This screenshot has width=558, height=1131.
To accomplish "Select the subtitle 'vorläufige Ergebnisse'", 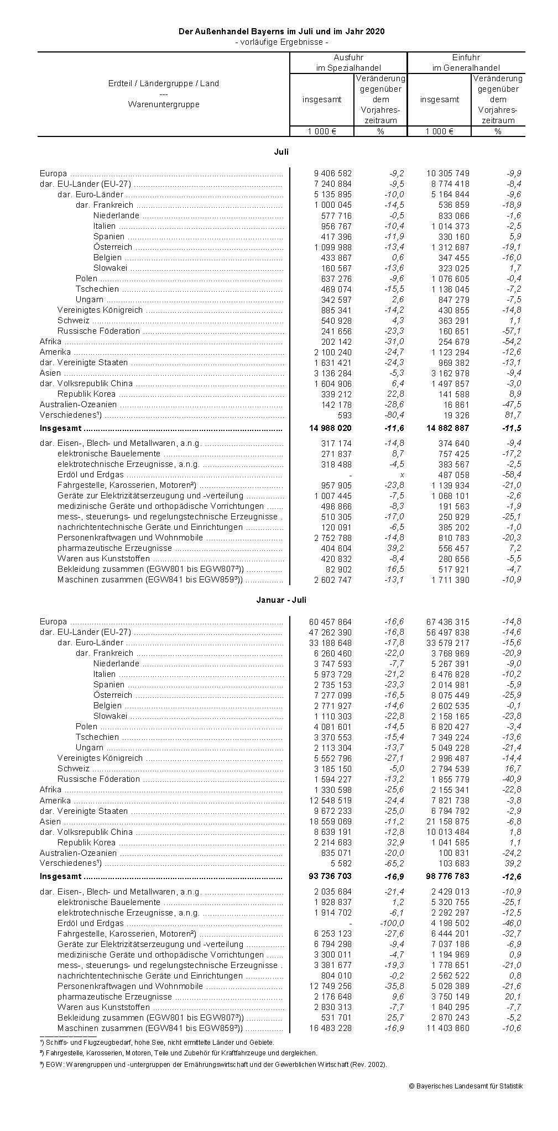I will pos(281,42).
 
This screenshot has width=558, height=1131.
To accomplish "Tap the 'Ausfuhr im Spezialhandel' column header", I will pos(348,62).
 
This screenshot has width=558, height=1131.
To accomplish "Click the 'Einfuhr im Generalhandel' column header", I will pos(466,62).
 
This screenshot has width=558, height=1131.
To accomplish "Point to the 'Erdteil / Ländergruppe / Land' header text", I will pos(164,83).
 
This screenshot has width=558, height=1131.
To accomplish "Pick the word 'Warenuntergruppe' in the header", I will pos(164,104).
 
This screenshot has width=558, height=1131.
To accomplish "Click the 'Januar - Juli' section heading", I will pos(281,600).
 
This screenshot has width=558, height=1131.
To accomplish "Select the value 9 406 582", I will pos(332,173).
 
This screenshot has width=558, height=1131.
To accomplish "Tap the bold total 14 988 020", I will pos(330,428).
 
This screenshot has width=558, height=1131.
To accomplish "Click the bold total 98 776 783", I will pos(447,876).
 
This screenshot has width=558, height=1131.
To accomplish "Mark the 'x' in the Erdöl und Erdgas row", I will pos(401,475).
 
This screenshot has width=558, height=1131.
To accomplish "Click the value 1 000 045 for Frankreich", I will pos(332,205).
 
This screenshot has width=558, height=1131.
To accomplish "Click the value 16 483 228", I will pos(330,1028).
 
